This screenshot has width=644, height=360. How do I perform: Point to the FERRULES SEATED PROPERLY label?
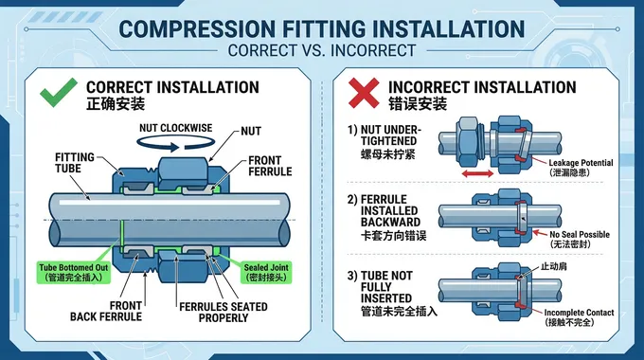pos(222,313)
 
